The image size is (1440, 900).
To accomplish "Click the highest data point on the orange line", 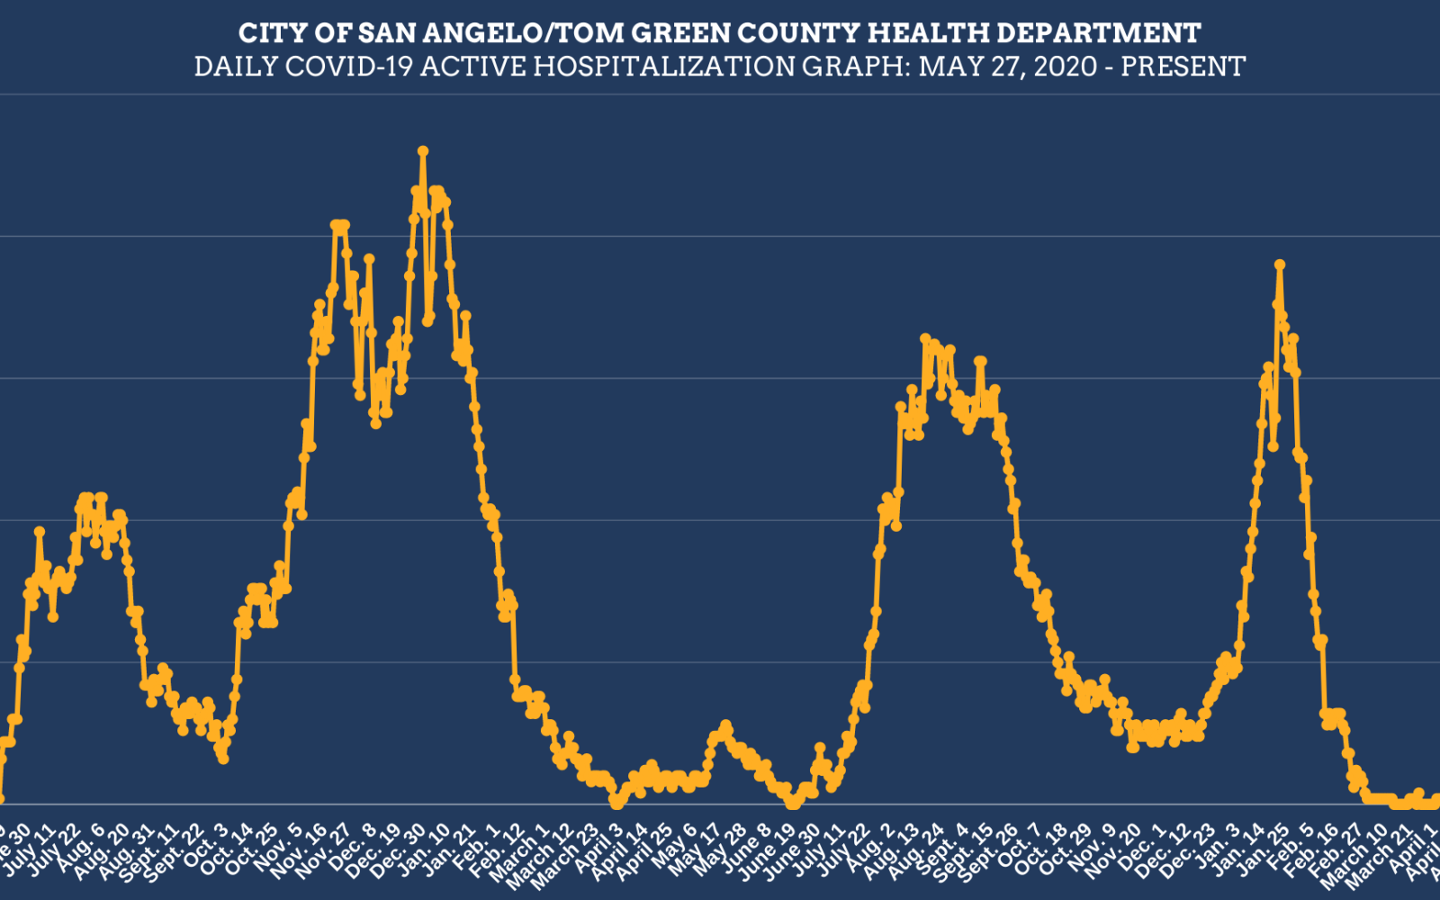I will [422, 151].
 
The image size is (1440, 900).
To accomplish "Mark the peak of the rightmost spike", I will [1279, 265].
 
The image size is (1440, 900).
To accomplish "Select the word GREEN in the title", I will [681, 33].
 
